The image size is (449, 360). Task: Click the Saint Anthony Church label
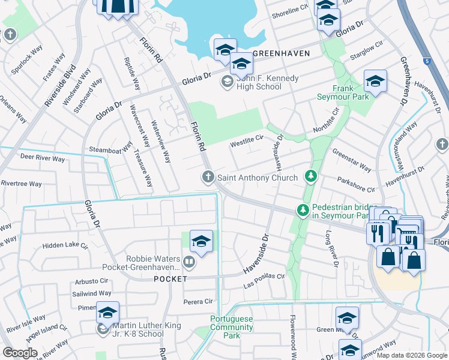coord(257,178)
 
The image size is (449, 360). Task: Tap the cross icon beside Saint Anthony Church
coord(207,176)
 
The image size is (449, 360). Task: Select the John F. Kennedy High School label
coord(259,82)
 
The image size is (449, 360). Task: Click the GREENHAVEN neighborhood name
coord(281,53)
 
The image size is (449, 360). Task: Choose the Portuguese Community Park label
coord(232,328)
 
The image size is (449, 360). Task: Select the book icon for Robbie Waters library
coord(188,262)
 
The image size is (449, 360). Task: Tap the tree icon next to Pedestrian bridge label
coord(303,210)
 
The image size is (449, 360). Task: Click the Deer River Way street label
coord(42,159)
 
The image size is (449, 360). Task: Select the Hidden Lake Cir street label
coord(65,246)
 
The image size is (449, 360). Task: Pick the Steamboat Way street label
coord(110,148)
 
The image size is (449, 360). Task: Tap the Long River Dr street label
coord(336,250)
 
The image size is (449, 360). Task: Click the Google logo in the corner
coord(20,353)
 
